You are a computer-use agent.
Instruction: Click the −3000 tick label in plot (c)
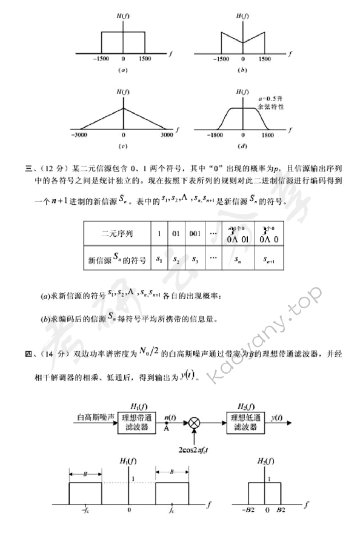click(x=79, y=136)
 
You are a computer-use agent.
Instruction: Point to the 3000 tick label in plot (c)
click(x=167, y=136)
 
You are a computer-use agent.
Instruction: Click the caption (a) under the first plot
click(x=123, y=70)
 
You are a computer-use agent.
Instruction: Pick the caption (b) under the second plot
click(x=242, y=70)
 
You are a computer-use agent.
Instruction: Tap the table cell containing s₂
click(x=176, y=259)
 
